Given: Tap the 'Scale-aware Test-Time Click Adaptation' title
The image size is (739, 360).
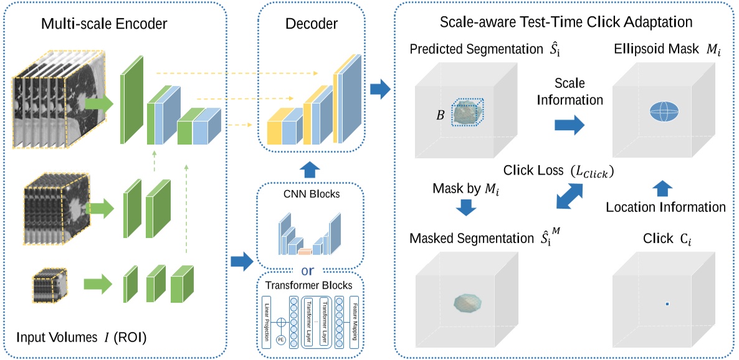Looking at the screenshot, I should tap(565, 22).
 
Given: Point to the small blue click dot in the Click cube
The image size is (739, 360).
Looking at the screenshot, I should tap(667, 303).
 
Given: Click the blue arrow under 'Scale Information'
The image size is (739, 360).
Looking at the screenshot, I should tap(568, 125).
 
